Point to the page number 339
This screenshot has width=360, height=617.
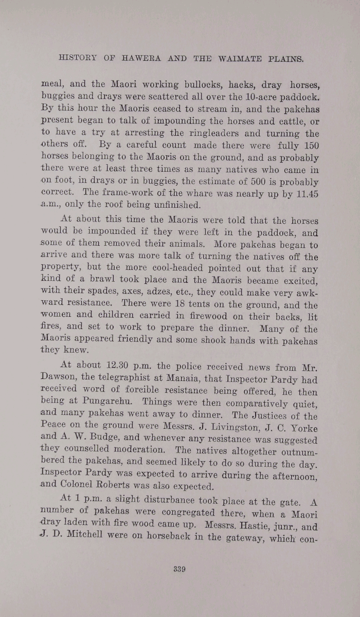click(x=179, y=569)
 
